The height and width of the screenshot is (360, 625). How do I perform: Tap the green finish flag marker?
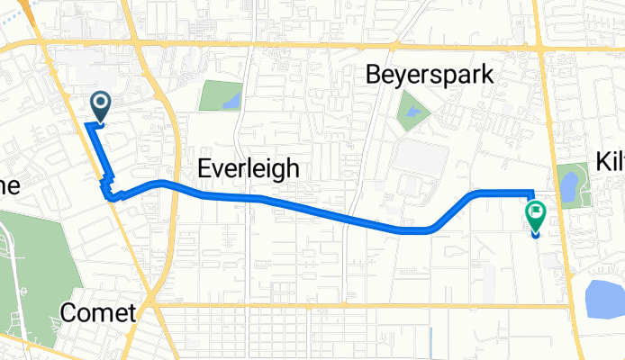[x=535, y=214]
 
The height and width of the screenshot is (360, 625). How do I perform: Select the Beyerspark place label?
[x=430, y=75]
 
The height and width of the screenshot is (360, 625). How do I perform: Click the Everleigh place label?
[x=248, y=168]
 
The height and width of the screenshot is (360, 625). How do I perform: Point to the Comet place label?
[x=99, y=313]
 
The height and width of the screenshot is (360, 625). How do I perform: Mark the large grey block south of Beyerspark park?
[x=420, y=158]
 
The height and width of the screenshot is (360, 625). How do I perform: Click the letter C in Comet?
[x=70, y=313]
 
